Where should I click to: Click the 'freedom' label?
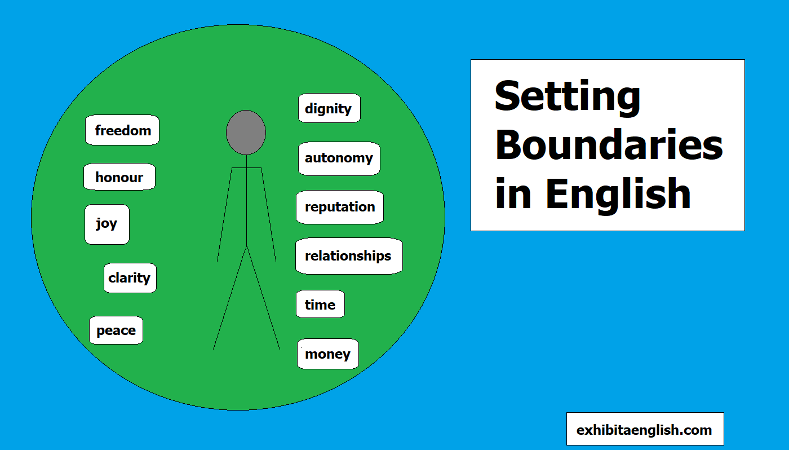click(122, 130)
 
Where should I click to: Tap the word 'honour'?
click(119, 177)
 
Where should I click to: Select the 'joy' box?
click(107, 224)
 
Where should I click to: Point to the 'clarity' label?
click(130, 278)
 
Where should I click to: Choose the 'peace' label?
click(116, 330)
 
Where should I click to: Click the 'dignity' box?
click(329, 108)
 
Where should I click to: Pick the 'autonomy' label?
click(339, 158)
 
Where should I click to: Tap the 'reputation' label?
click(340, 207)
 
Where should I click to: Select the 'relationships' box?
click(348, 256)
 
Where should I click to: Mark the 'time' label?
click(320, 305)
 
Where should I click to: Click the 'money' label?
click(327, 354)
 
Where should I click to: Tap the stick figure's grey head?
click(246, 133)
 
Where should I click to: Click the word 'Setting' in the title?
click(567, 97)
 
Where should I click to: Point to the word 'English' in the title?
click(618, 193)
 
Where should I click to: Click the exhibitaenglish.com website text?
click(644, 430)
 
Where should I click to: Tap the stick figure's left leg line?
click(230, 298)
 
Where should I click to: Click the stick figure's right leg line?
click(264, 298)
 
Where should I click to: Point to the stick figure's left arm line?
click(225, 214)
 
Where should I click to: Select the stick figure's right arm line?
click(268, 214)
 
